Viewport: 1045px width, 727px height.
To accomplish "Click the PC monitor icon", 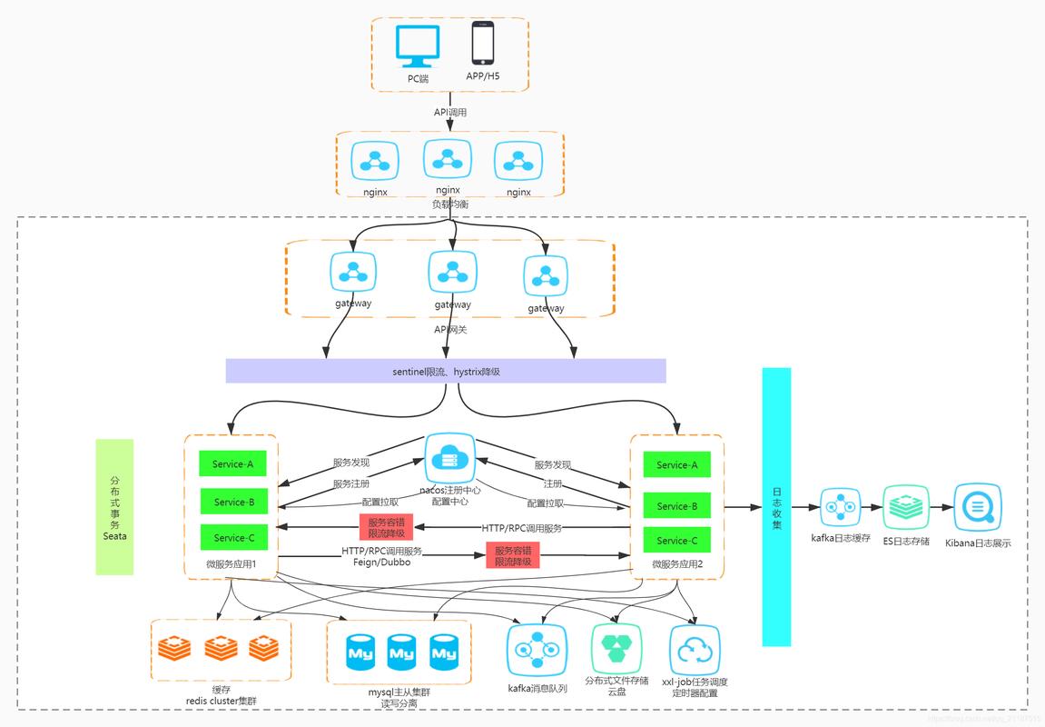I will coord(418,46).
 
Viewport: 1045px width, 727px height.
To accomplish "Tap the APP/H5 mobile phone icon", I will coord(482,44).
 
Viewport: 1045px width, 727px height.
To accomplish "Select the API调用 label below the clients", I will coord(450,112).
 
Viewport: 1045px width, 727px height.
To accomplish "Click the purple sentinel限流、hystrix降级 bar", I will coord(446,371).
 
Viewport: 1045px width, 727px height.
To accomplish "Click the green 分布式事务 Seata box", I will coord(114,507).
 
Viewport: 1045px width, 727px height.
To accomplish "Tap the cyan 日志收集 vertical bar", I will coord(776,507).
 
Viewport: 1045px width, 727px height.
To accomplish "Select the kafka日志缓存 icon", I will coord(840,507).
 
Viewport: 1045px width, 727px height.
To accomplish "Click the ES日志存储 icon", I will coord(906,507).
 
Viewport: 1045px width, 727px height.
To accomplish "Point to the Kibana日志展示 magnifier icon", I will coord(978,507).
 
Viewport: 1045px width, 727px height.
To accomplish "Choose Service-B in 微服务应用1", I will coord(233,502).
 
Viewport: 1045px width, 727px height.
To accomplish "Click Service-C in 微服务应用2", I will coord(676,541).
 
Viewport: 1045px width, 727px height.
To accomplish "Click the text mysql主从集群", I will coord(399,692).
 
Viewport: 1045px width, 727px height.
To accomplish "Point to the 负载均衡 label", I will coord(450,204).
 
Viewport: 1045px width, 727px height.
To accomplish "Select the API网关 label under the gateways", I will coord(450,329).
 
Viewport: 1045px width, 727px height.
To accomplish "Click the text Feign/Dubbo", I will coord(381,563).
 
